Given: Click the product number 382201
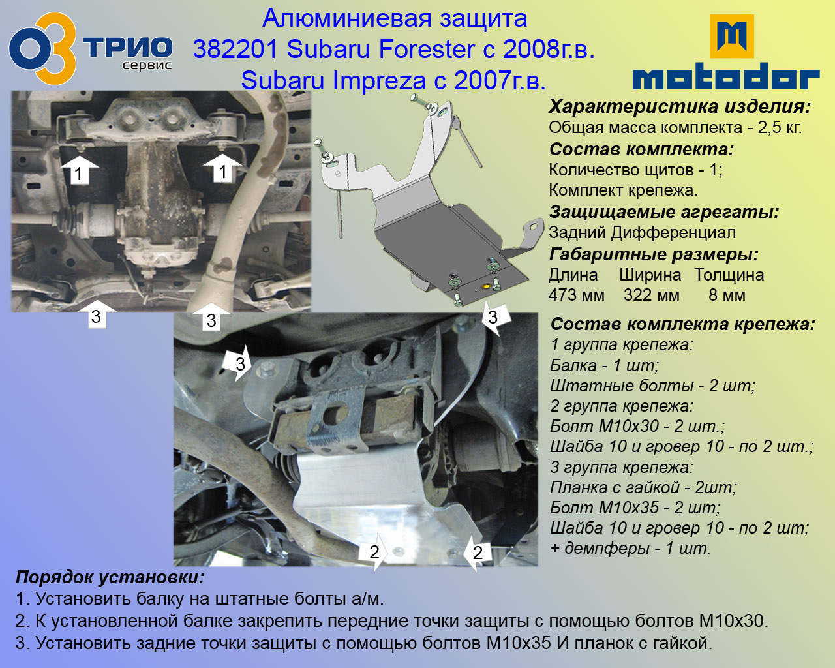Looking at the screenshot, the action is (235, 50).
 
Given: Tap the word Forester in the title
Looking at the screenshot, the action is (426, 50).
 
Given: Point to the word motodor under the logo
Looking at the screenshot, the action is (726, 76).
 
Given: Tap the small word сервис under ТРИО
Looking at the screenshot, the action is (147, 65).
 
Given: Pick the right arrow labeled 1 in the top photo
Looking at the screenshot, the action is (222, 168).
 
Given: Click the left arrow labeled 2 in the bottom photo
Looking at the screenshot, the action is (373, 551).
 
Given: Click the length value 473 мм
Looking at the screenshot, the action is (576, 295).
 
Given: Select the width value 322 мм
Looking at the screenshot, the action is (652, 295).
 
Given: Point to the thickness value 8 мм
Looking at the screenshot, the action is (727, 295).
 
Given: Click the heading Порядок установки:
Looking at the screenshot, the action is (110, 577).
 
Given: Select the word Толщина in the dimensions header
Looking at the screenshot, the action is (729, 275).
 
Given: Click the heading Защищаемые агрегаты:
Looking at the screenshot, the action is (664, 212).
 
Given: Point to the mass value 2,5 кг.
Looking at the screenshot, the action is (780, 127).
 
